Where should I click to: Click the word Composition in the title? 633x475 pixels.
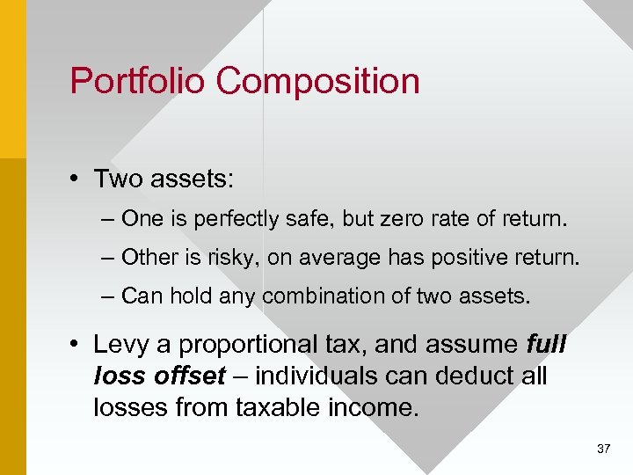tap(318, 83)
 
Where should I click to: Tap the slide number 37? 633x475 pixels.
tap(603, 449)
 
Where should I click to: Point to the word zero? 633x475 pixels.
tap(393, 218)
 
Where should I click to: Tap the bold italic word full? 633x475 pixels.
tap(546, 345)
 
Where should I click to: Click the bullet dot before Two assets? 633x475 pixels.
tap(77, 179)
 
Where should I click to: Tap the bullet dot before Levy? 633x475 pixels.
tap(77, 346)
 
